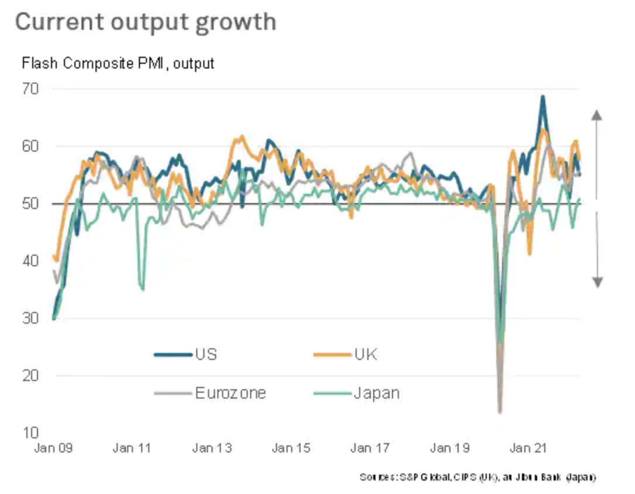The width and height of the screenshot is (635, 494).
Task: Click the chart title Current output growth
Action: (145, 22)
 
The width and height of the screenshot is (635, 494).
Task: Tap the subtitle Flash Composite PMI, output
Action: (118, 63)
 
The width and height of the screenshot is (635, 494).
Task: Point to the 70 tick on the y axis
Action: (30, 90)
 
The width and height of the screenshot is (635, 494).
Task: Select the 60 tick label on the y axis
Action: (30, 146)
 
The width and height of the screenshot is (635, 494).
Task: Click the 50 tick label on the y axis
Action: (30, 204)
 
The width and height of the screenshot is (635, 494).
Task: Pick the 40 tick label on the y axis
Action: (30, 261)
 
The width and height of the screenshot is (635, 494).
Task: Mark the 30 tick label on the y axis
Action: (30, 318)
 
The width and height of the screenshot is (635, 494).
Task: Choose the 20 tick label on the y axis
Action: (30, 376)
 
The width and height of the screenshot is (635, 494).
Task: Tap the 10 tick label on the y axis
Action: (30, 433)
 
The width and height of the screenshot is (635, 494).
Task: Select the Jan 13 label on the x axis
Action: (212, 449)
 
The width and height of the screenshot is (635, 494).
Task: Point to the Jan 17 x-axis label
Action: (369, 449)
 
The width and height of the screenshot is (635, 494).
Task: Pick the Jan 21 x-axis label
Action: (528, 449)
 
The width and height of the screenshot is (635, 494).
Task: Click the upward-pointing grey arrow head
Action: (597, 114)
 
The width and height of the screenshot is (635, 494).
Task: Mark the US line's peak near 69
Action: (543, 97)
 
